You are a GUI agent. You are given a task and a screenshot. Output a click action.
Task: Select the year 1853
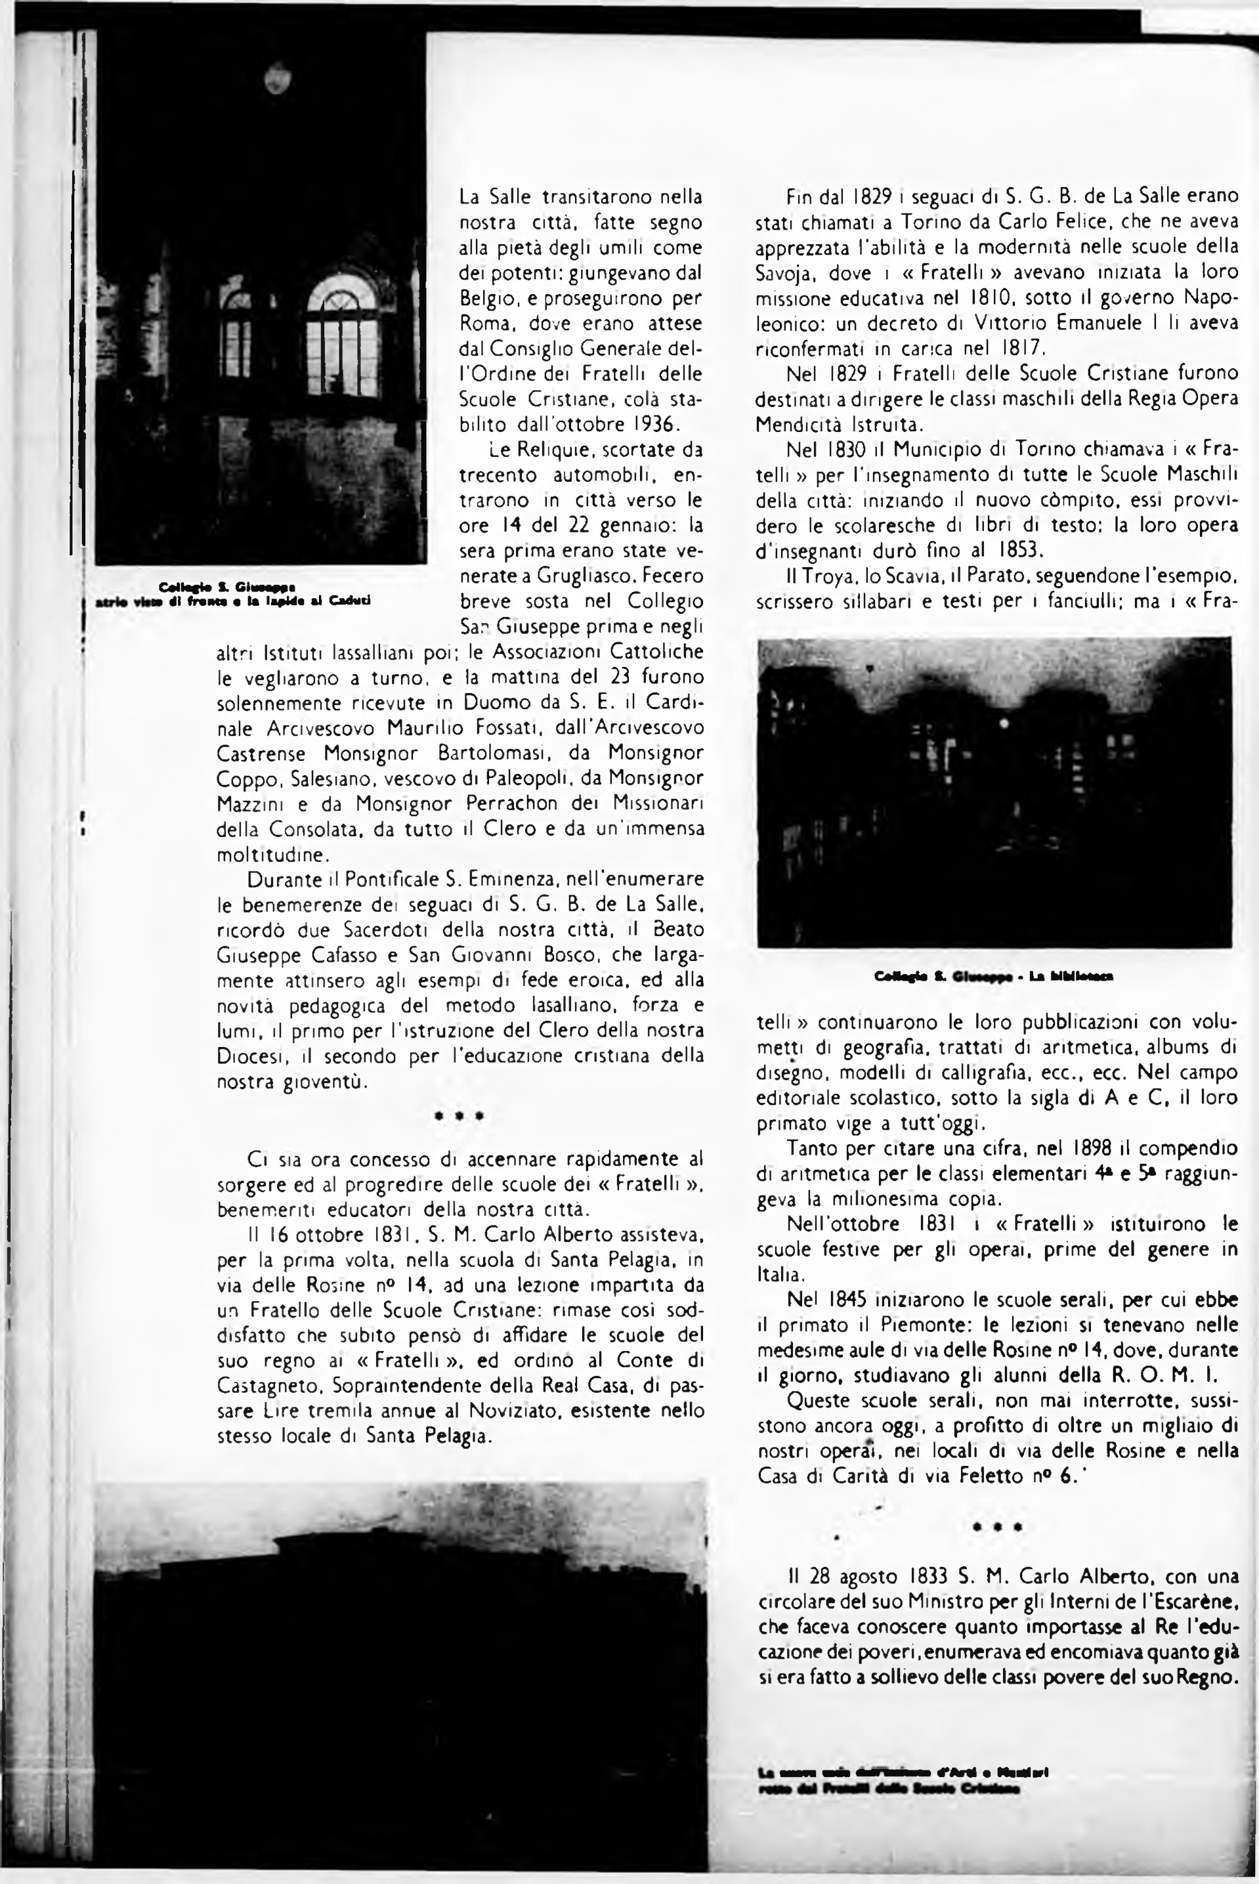(1021, 551)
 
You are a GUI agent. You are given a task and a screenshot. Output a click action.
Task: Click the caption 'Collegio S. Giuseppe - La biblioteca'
(993, 977)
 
